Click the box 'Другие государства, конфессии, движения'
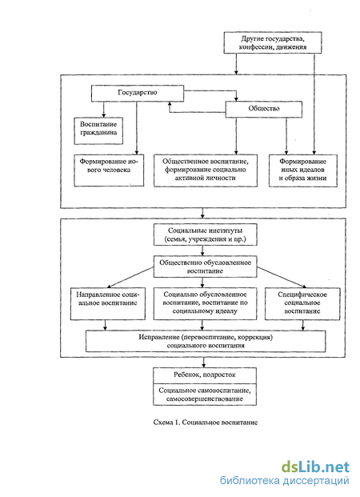[273, 42]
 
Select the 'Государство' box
[138, 93]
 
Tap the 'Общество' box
[264, 110]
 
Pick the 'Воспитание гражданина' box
[98, 131]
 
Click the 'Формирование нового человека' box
[109, 170]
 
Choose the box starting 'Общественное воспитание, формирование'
[206, 170]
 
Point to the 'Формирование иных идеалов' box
[303, 170]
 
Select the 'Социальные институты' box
[206, 234]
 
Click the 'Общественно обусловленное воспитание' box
[206, 267]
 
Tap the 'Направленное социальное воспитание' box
[108, 303]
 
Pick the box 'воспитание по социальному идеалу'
[206, 303]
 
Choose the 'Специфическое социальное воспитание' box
[302, 303]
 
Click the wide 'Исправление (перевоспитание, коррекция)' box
[206, 342]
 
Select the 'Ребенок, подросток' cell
[205, 375]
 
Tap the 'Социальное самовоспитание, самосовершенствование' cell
[205, 395]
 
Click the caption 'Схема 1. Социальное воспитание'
[206, 423]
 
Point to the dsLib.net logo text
[316, 467]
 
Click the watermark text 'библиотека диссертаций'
[285, 481]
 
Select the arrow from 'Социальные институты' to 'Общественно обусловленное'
[203, 251]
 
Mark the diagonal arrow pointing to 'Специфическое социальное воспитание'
[282, 278]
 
